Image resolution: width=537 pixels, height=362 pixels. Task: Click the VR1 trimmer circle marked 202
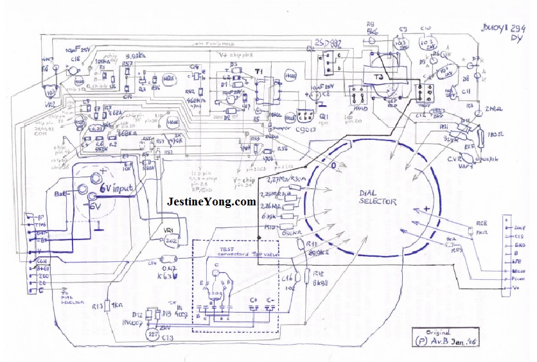click(x=171, y=240)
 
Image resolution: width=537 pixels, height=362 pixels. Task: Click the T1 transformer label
click(x=259, y=71)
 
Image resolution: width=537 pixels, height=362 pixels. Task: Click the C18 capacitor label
click(x=75, y=58)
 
